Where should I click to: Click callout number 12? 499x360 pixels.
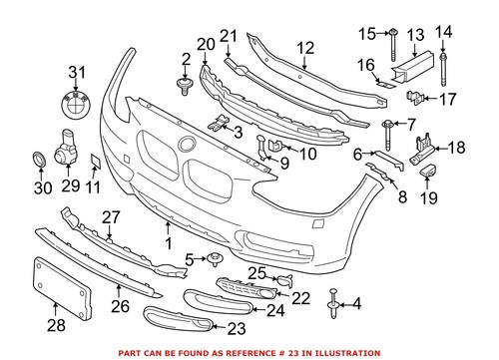coord(303,47)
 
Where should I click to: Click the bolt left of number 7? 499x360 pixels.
coord(385,126)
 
